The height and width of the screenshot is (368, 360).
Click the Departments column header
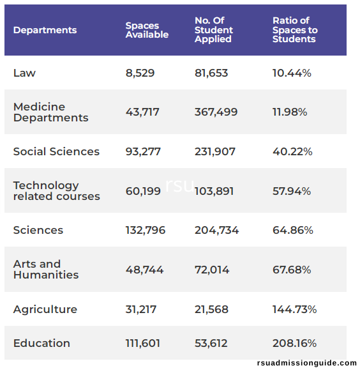[x=45, y=30]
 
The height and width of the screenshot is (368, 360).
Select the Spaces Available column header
[x=147, y=30]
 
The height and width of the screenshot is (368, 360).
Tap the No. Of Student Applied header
[x=214, y=30]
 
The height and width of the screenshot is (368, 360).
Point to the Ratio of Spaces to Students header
[x=295, y=30]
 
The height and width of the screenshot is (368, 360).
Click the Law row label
[x=24, y=73]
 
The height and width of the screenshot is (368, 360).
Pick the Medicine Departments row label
[x=50, y=112]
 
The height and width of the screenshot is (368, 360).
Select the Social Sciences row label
[x=56, y=151]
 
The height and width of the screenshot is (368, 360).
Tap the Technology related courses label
[x=57, y=191]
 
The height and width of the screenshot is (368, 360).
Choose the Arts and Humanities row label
[x=46, y=270]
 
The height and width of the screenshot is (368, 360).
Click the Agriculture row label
[x=45, y=309]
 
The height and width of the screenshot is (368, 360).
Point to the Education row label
[x=41, y=343]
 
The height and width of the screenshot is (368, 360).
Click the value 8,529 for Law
[x=140, y=73]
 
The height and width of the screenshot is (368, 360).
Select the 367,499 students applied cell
[x=216, y=112]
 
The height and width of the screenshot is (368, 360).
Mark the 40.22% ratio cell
[x=292, y=151]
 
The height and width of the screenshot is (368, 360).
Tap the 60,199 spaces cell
[x=143, y=191]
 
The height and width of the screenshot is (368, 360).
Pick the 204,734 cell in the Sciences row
[x=217, y=230]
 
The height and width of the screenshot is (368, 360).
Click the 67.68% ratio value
[x=292, y=270]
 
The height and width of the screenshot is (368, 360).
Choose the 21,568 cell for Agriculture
[x=211, y=309]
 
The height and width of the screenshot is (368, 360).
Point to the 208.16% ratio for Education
[x=294, y=343]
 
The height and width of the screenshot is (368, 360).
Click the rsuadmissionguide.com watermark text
[x=307, y=363]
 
